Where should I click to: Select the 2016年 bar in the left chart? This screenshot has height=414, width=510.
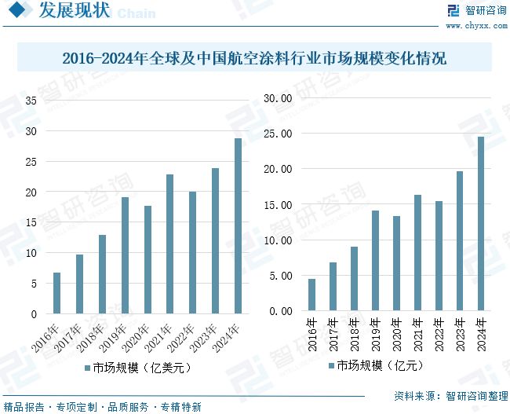click(56, 293)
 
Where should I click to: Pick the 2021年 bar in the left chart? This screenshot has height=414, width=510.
click(169, 244)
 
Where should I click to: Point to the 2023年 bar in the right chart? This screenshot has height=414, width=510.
click(460, 241)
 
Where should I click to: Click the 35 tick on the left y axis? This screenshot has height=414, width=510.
click(31, 101)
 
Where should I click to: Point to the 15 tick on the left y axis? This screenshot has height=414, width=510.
click(31, 222)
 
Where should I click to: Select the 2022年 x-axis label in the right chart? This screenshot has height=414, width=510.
click(439, 332)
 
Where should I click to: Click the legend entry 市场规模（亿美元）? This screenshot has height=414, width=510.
click(137, 367)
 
